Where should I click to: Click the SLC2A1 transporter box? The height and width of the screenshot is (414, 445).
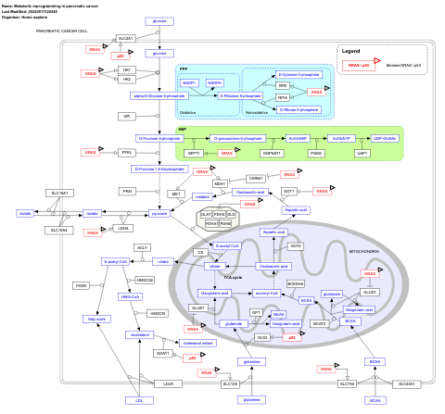(x=126, y=38)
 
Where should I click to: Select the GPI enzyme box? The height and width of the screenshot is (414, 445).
(x=127, y=116)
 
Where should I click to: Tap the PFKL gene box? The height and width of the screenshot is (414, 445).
(x=127, y=152)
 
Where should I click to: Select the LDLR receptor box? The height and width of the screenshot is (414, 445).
(x=167, y=383)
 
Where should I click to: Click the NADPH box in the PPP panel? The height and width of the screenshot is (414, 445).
(x=215, y=82)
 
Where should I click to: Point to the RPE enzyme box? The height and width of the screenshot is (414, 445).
(x=283, y=85)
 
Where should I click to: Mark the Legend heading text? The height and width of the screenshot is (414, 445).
(x=350, y=51)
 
